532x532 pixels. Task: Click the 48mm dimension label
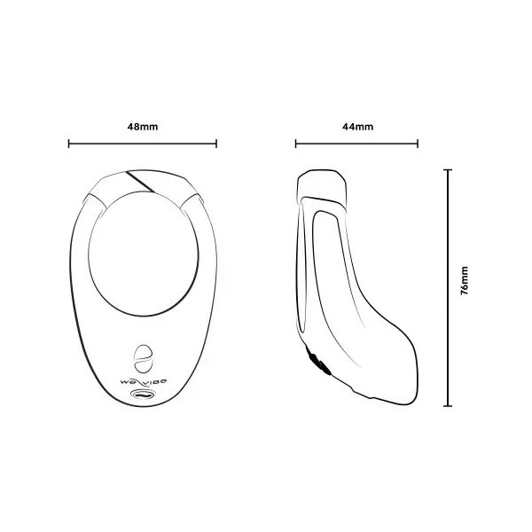coord(143,126)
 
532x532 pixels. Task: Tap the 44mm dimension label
coord(357,126)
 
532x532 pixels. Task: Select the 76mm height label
coord(465,286)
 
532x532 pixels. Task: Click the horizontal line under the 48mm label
coord(143,142)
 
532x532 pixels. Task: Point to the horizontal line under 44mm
coord(357,142)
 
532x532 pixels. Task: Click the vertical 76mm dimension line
coord(448,286)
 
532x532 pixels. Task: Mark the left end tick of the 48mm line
coord(69,142)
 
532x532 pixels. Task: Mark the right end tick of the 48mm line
coord(216,142)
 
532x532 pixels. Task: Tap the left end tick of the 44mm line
coord(296,142)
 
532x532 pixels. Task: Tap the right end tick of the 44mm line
coord(419,142)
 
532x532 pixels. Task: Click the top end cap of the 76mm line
coord(448,169)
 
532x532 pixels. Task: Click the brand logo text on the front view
coord(142,379)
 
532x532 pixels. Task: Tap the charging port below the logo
coord(142,393)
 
